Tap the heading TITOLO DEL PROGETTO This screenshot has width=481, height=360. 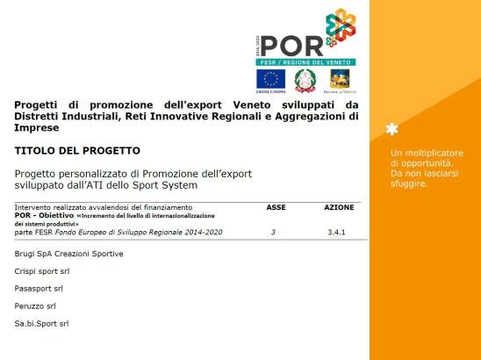77,151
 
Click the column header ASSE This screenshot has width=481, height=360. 276,207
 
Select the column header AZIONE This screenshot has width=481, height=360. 340,207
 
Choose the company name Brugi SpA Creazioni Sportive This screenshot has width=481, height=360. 68,254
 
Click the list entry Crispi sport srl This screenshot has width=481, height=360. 42,271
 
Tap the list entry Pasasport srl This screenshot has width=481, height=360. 39,288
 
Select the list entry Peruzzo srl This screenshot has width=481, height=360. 35,306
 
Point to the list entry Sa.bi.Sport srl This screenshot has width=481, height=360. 41,323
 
